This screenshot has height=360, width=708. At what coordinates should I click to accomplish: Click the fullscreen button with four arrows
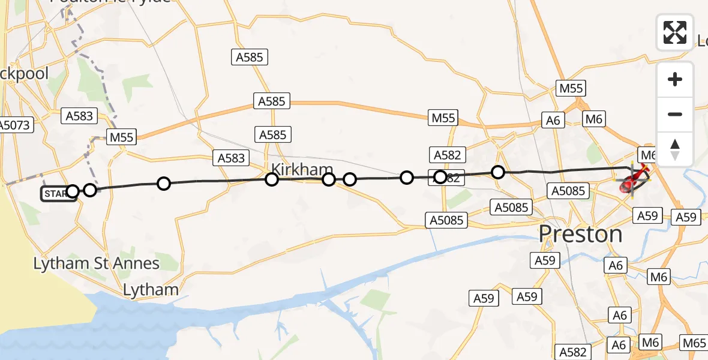675,32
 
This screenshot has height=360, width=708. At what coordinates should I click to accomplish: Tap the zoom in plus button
675,79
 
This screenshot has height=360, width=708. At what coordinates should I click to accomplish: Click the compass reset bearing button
675,149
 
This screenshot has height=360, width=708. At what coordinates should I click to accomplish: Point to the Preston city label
581,234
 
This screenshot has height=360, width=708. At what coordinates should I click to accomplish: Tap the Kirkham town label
302,170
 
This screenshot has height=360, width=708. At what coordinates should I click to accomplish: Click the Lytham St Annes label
96,263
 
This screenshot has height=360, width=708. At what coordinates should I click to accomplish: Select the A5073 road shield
16,125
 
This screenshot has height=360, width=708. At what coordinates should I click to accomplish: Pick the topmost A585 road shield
250,58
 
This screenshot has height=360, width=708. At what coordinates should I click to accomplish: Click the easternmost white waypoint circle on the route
498,172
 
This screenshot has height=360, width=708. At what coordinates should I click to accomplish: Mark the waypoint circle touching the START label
73,191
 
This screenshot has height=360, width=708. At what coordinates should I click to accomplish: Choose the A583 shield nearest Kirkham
231,158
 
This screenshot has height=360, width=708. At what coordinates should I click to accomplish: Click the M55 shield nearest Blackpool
121,137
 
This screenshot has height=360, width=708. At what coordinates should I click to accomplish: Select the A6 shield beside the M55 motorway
553,121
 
